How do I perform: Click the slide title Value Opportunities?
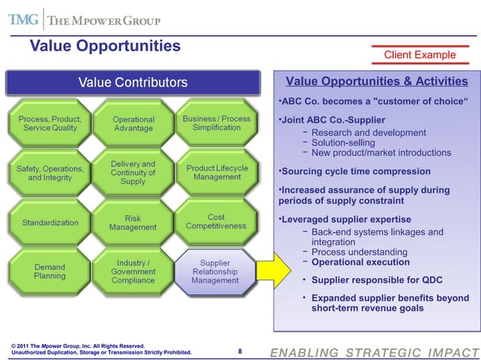pos(105,46)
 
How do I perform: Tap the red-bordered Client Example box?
pos(420,54)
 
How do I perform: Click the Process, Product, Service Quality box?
pos(50,124)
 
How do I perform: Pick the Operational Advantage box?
pos(133,124)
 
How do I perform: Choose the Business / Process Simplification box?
pos(216,124)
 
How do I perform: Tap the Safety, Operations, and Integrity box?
pos(50,172)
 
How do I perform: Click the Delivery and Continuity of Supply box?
pos(133,172)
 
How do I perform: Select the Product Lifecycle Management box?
pos(216,172)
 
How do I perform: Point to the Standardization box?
pos(50,222)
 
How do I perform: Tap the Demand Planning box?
pos(50,271)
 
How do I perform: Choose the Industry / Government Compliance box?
pos(133,271)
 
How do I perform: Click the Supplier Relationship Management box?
pos(216,271)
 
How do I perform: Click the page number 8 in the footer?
pos(240,351)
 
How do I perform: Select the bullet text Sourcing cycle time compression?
pos(355,172)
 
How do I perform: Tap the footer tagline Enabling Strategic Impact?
pos(374,352)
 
